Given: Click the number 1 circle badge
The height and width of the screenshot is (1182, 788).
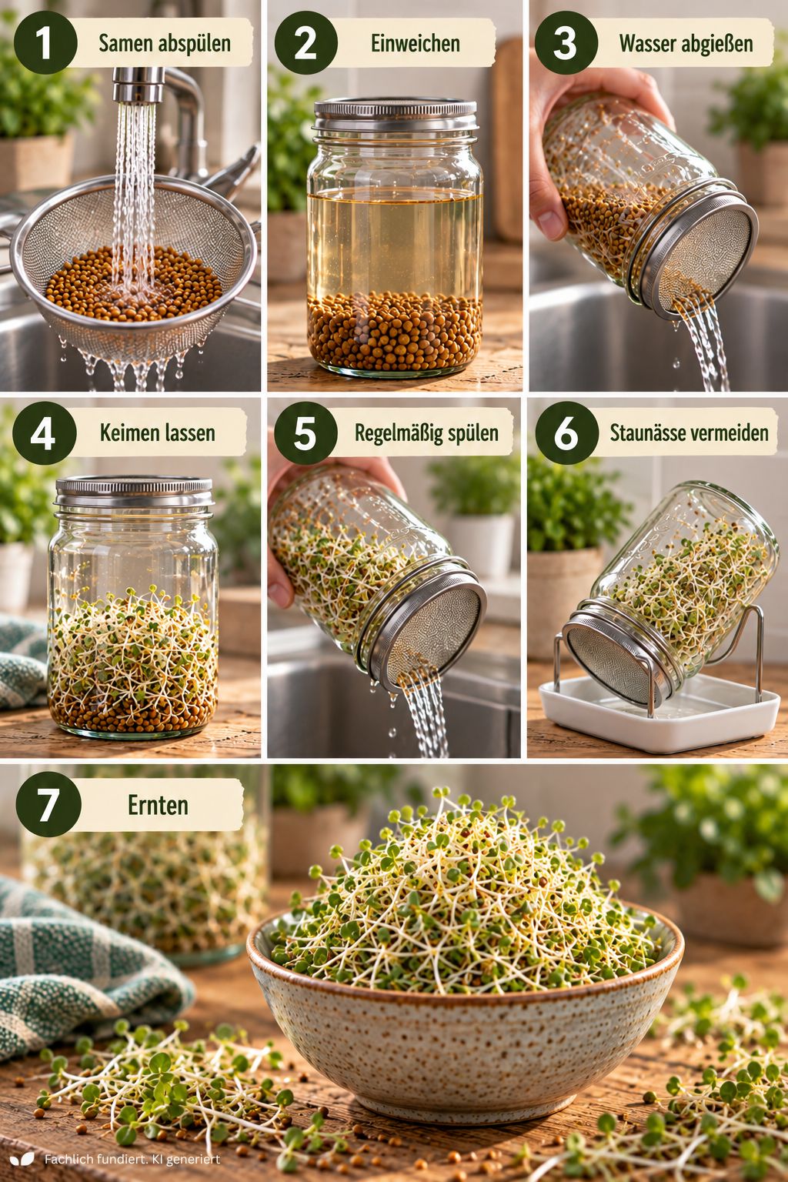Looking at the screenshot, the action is (45, 43).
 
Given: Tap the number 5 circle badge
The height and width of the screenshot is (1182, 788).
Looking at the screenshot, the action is (306, 433).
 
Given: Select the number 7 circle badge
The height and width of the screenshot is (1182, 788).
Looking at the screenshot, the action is (48, 805).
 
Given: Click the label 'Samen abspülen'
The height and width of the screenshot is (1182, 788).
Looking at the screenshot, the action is (165, 44).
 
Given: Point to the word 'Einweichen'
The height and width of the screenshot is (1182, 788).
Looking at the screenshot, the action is (416, 44).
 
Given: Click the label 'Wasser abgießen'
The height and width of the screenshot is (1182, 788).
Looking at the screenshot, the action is (686, 44).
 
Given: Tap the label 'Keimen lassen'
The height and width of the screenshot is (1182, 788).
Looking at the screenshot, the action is (157, 433).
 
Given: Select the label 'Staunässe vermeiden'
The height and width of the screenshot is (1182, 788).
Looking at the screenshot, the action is (689, 433).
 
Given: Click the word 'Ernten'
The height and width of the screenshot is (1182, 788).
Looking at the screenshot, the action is (158, 805).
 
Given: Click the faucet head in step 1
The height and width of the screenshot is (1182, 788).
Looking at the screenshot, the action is (138, 85).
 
